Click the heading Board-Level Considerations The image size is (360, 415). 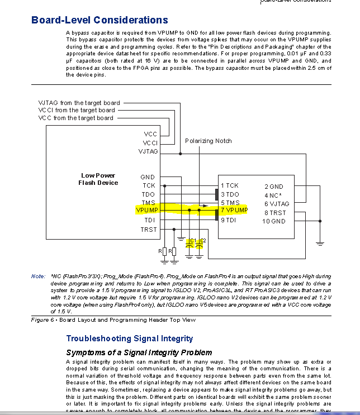tap(100, 20)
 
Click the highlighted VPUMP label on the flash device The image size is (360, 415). tap(147, 210)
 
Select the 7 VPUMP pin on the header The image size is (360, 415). tap(234, 211)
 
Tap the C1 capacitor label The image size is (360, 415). tap(192, 240)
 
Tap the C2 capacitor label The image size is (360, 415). tap(202, 240)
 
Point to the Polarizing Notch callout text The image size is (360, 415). tap(208, 141)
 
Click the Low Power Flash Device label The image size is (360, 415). tap(98, 179)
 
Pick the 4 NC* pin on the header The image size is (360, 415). tap(272, 195)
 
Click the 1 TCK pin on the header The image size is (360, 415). tap(230, 185)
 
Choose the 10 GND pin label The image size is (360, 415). tap(273, 221)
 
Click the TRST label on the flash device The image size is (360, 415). tap(149, 229)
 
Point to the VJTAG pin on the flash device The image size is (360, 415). tap(148, 151)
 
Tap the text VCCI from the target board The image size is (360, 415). tap(76, 110)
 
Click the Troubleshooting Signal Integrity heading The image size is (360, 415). tap(129, 338)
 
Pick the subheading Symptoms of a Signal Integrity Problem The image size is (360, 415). tap(139, 352)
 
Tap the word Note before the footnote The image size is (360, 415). tap(38, 276)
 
